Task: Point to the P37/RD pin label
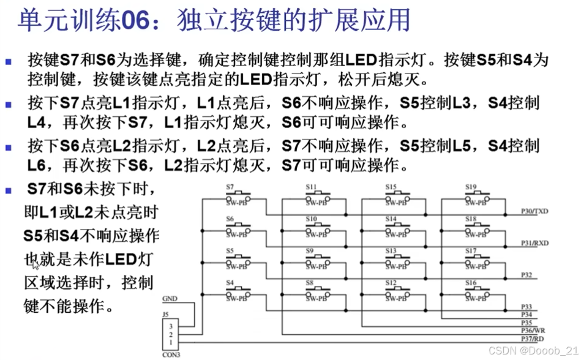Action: [x=532, y=338]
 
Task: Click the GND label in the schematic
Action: [x=170, y=299]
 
